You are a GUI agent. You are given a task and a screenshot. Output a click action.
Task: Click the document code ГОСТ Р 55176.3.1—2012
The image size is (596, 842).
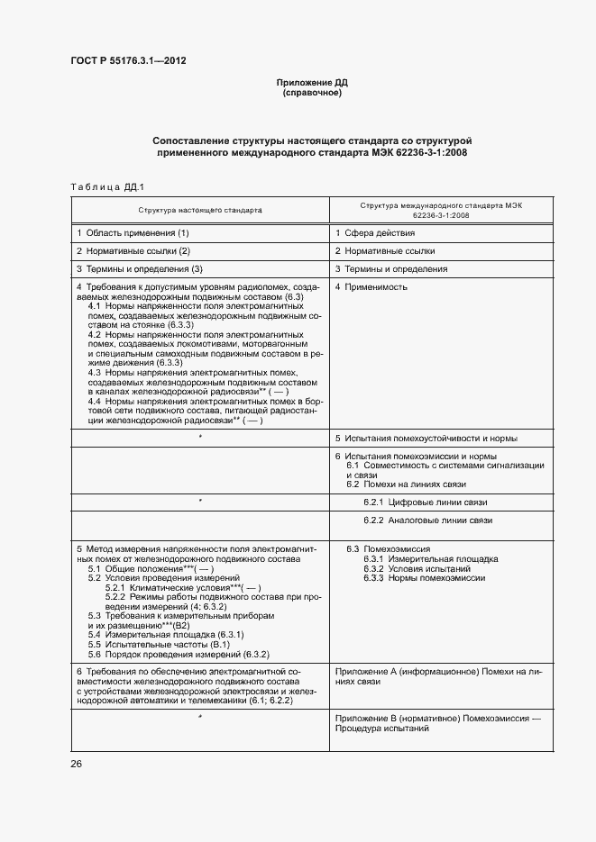(x=128, y=61)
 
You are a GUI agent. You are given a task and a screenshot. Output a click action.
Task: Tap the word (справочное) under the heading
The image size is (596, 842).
(x=312, y=93)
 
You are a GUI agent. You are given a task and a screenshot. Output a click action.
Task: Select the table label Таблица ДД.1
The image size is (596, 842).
(x=107, y=186)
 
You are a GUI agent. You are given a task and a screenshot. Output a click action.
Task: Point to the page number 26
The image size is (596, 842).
(x=77, y=764)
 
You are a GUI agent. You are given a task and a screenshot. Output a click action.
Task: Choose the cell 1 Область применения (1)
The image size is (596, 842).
(x=133, y=233)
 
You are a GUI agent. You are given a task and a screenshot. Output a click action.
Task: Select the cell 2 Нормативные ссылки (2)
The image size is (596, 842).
(x=133, y=251)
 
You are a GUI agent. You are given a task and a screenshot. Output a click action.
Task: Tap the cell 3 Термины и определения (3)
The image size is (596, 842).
(x=140, y=269)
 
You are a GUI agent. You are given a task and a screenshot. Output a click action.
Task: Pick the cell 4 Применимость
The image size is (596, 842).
(x=371, y=287)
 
